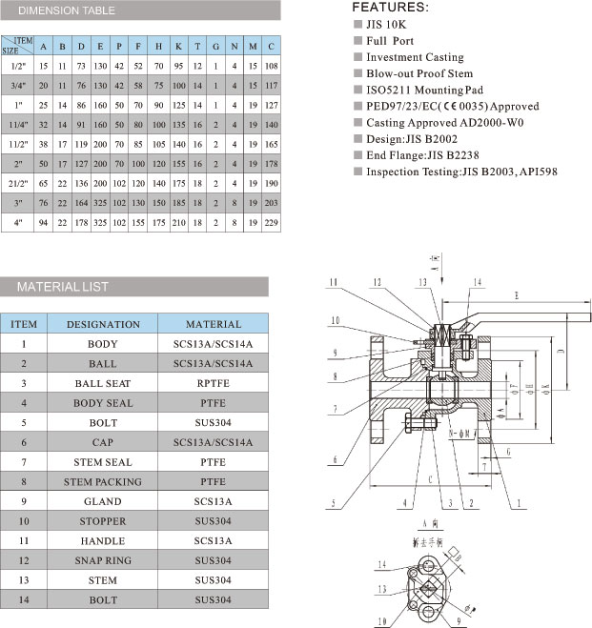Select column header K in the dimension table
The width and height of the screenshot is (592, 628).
[178, 46]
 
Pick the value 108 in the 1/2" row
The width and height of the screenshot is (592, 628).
[273, 65]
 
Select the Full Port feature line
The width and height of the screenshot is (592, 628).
[392, 41]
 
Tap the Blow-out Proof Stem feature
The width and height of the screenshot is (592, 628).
[418, 73]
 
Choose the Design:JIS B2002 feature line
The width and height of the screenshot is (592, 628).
[411, 138]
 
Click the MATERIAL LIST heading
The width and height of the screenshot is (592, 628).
[64, 286]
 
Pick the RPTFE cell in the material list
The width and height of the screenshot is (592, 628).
[213, 383]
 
